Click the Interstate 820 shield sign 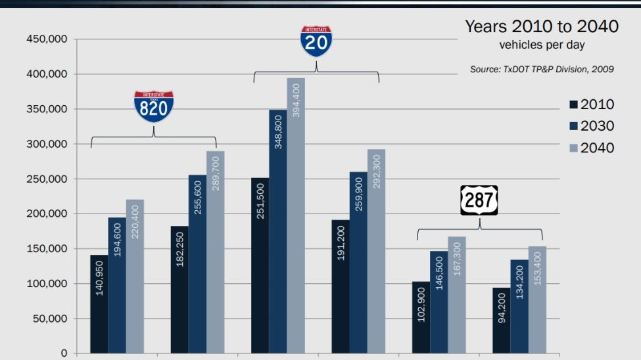(x=154, y=107)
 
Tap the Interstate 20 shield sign (x=316, y=41)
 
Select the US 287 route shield (x=479, y=200)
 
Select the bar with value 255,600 (x=197, y=263)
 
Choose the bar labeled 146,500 (x=439, y=302)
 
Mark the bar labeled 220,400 (x=135, y=276)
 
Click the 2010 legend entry (x=591, y=104)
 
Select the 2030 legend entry (x=591, y=125)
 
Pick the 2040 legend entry (x=591, y=148)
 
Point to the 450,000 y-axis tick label (x=47, y=39)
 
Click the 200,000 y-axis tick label (x=47, y=214)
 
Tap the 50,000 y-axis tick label (x=49, y=319)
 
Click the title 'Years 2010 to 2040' (x=542, y=27)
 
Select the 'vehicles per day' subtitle (x=542, y=45)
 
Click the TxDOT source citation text (x=542, y=69)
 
